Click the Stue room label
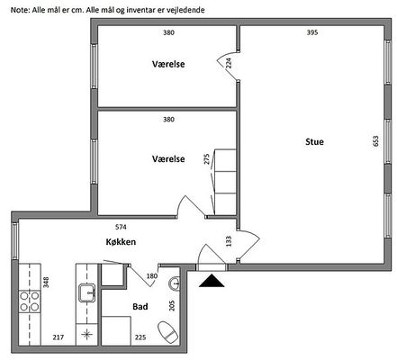[314, 141]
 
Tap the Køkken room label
[121, 242]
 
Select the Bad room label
[140, 307]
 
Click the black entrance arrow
[212, 281]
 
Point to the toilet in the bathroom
[168, 332]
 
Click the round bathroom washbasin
[175, 283]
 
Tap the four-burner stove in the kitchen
[30, 301]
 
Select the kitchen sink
[87, 292]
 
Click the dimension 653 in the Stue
[375, 141]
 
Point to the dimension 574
[121, 227]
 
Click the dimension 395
[312, 32]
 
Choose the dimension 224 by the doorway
[229, 63]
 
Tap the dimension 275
[207, 159]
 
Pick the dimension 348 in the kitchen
[46, 283]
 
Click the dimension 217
[59, 337]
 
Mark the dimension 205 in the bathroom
[172, 306]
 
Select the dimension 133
[229, 241]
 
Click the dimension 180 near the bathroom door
[152, 276]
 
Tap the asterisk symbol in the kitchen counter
[86, 334]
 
